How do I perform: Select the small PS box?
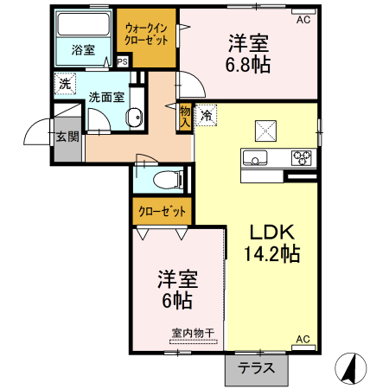tap(122, 61)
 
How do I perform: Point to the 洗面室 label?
tap(106, 97)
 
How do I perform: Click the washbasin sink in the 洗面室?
tap(134, 118)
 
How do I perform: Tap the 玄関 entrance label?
tap(67, 136)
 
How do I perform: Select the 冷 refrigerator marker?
tap(207, 114)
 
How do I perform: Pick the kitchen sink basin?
tap(256, 157)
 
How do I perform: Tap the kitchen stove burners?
tap(302, 157)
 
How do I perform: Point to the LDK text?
tap(273, 232)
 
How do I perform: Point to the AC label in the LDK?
tap(303, 338)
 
